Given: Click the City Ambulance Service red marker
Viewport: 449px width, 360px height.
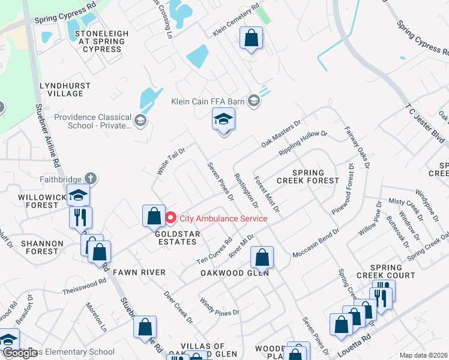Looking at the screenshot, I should [x=170, y=218].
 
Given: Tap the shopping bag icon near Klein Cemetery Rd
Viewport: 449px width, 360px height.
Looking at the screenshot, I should [x=252, y=39].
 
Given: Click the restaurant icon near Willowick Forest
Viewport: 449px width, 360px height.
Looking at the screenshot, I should [x=80, y=217].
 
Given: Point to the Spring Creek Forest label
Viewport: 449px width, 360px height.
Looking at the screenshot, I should [x=309, y=176].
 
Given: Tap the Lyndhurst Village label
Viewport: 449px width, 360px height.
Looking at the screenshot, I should [x=61, y=90].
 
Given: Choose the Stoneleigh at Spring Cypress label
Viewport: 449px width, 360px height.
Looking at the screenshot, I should [x=100, y=41].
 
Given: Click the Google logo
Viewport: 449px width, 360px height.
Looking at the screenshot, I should [x=20, y=353].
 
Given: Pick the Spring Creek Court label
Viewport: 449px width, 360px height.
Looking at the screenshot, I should [x=393, y=271].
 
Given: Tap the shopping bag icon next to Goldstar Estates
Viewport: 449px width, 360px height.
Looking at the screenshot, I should [x=154, y=216].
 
